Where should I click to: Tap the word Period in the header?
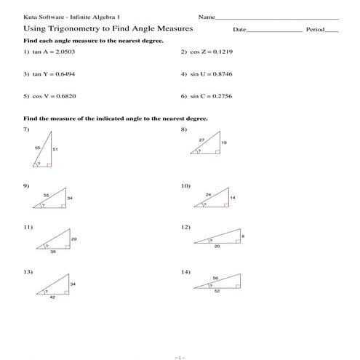[315, 30]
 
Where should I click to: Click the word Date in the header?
[239, 30]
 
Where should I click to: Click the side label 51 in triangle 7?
[55, 149]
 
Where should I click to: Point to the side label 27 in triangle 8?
[201, 138]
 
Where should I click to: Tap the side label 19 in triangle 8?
[224, 143]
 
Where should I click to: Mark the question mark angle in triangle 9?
[43, 207]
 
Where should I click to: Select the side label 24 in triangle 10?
[208, 194]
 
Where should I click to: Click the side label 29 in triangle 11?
[73, 239]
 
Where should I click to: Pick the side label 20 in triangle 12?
[217, 247]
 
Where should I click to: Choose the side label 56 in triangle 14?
[215, 278]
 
